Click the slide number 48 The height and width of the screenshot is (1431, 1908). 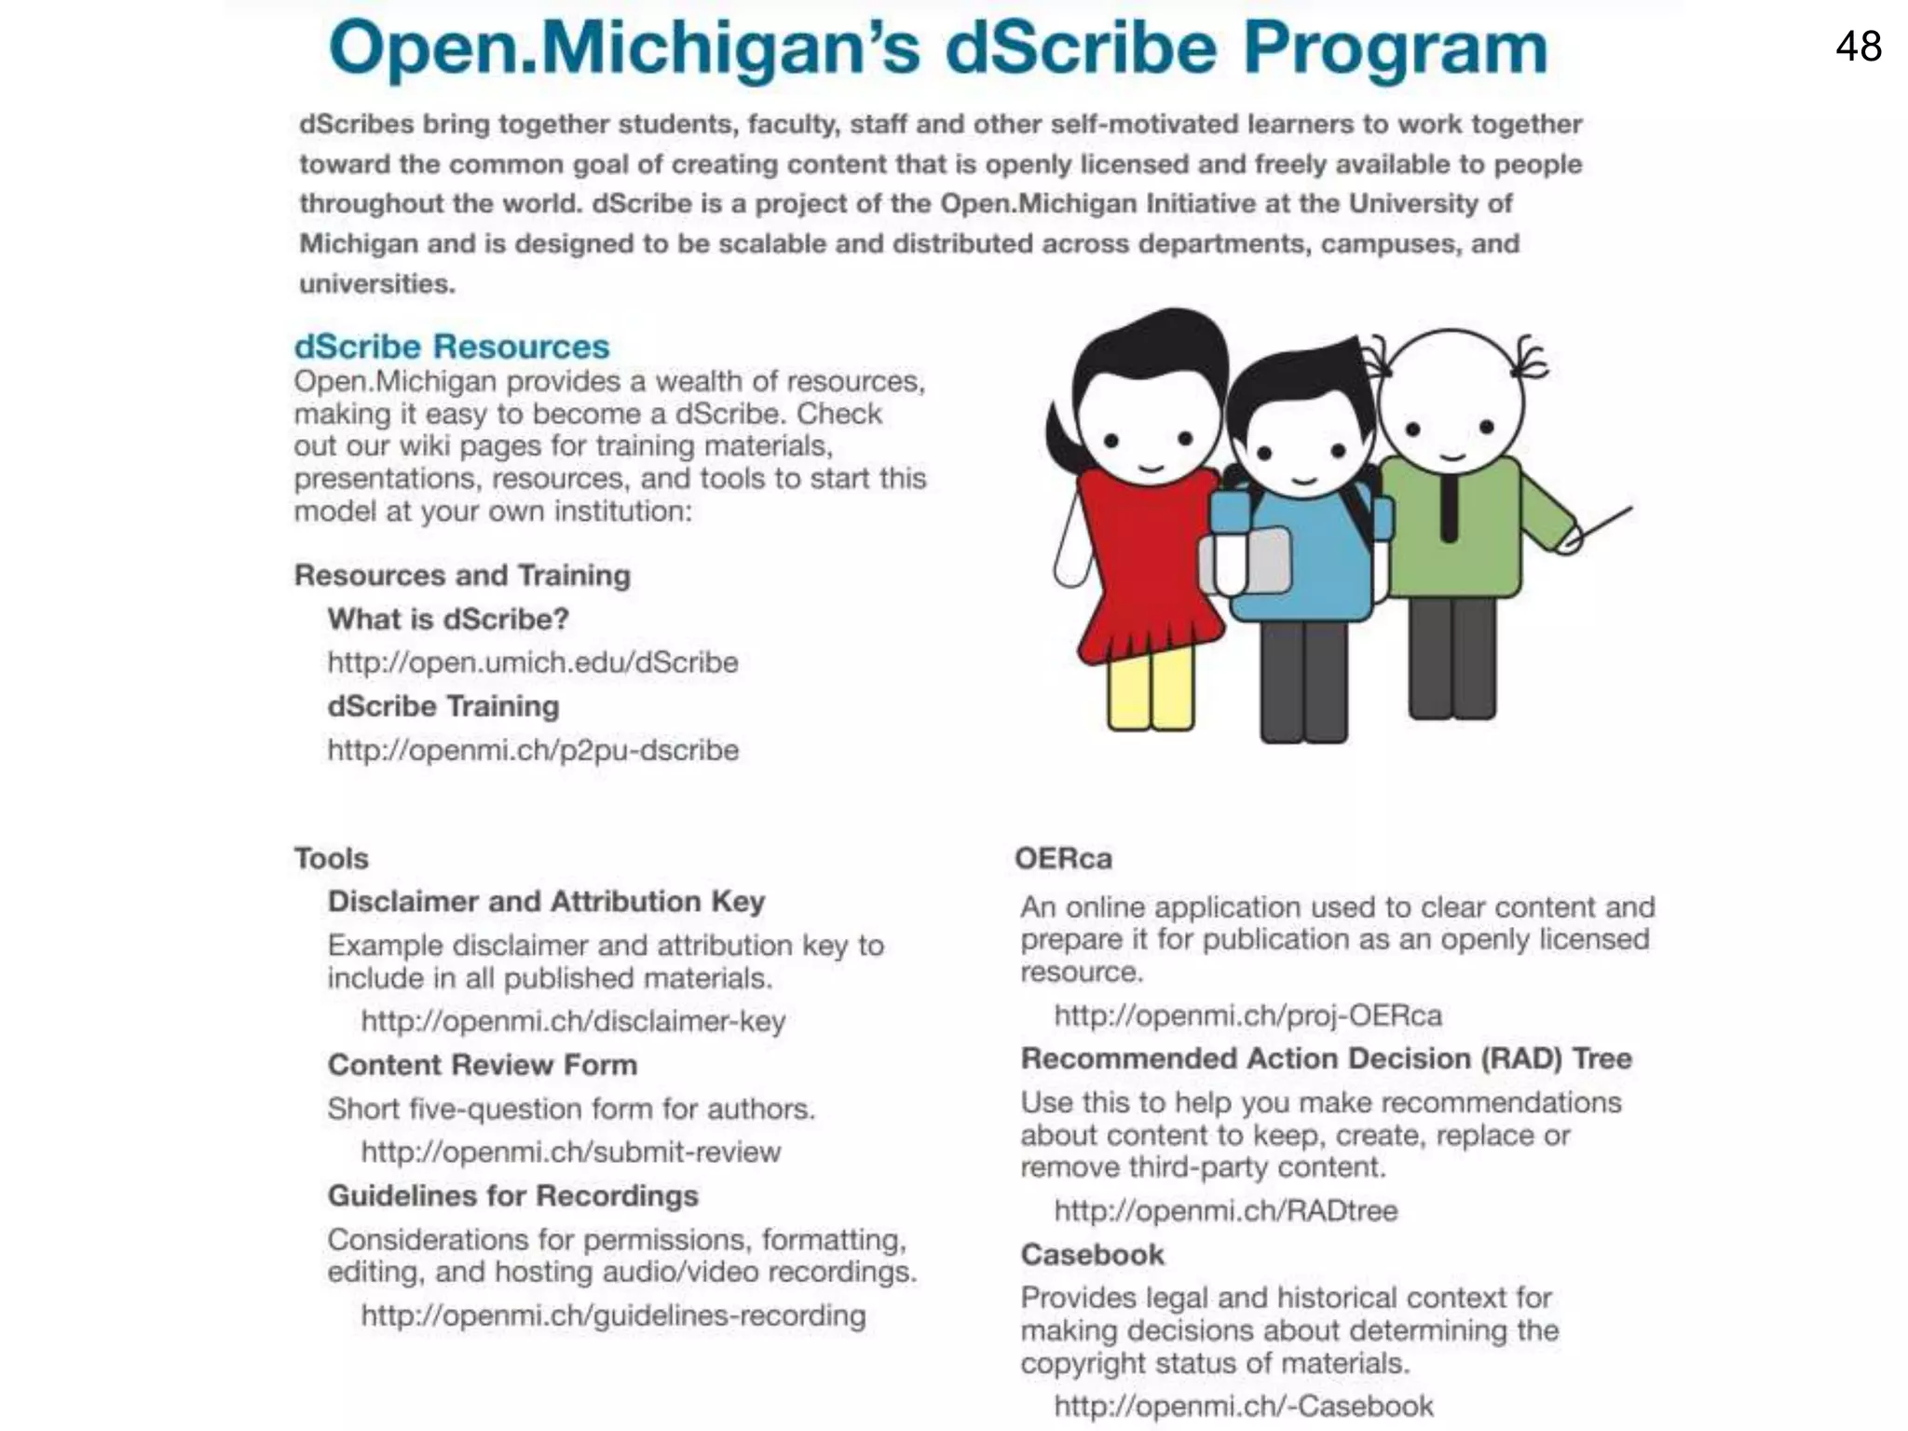pyautogui.click(x=1858, y=47)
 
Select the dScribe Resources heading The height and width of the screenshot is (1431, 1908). pyautogui.click(x=452, y=347)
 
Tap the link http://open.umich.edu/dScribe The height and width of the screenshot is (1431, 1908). pyautogui.click(x=532, y=662)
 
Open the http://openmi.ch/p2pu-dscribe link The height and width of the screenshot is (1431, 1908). pyautogui.click(x=533, y=750)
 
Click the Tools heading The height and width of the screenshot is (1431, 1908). pyautogui.click(x=332, y=858)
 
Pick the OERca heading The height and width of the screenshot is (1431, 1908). pyautogui.click(x=1063, y=858)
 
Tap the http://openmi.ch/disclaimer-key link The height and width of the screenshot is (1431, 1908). pyautogui.click(x=573, y=1021)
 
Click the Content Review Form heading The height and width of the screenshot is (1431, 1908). pyautogui.click(x=483, y=1065)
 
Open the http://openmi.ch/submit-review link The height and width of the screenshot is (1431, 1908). pyautogui.click(x=571, y=1152)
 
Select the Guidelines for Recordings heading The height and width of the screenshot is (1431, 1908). pyautogui.click(x=512, y=1195)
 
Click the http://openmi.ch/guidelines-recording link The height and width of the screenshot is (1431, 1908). pyautogui.click(x=613, y=1315)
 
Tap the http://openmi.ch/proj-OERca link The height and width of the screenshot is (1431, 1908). pyautogui.click(x=1247, y=1015)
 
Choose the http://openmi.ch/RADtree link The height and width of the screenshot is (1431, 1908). pyautogui.click(x=1226, y=1211)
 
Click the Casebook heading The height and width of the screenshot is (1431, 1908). pyautogui.click(x=1092, y=1255)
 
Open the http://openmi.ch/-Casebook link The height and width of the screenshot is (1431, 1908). pyautogui.click(x=1244, y=1406)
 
